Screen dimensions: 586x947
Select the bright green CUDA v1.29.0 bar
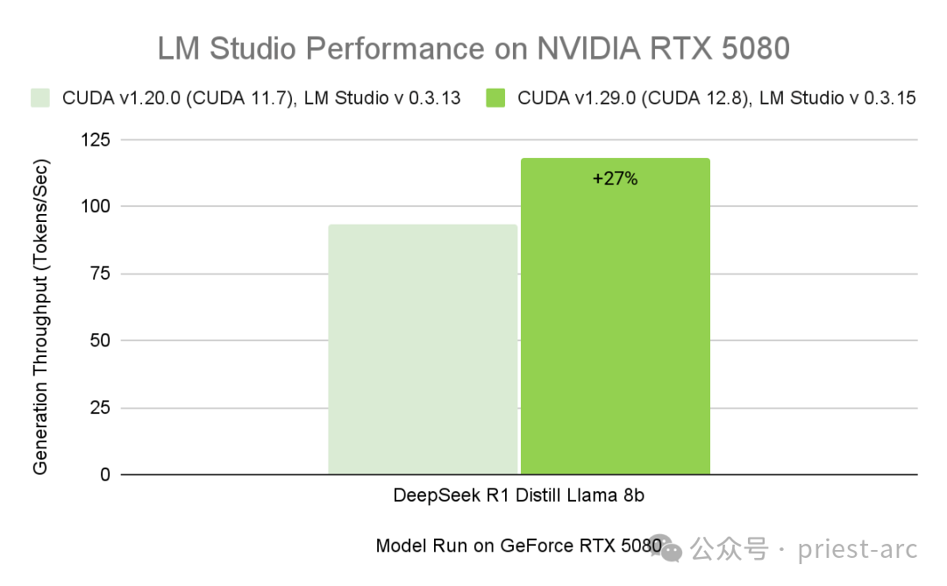(615, 316)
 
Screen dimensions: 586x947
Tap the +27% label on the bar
(615, 179)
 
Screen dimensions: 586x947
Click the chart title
(473, 49)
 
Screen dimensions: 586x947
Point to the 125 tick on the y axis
(98, 139)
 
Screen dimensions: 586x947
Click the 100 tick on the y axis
(98, 206)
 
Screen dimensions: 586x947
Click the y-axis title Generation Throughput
(40, 317)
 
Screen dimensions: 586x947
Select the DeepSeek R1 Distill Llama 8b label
(519, 496)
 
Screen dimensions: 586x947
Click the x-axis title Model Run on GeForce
(517, 546)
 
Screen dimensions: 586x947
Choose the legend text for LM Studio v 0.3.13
(261, 97)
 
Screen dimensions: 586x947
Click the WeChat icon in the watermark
(672, 549)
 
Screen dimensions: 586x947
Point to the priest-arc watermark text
(857, 549)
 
